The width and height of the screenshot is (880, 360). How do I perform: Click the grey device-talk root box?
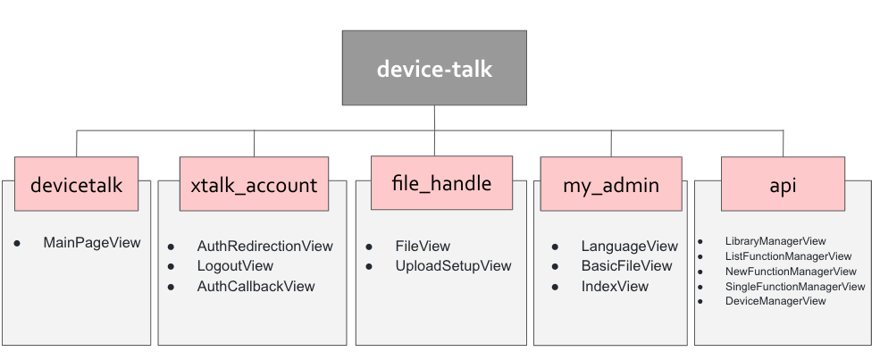coord(434,68)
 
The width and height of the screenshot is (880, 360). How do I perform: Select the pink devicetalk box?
coord(76,185)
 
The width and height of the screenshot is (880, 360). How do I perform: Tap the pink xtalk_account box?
coord(254,185)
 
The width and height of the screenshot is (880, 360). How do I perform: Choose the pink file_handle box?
coord(441,183)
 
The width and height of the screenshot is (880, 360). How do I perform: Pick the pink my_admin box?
coord(611,185)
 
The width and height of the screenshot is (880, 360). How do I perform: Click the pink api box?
coord(783,185)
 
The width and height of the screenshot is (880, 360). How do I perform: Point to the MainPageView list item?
coord(91,242)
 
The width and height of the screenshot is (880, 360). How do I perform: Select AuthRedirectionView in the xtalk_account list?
coord(264,246)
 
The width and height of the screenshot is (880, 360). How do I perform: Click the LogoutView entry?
coord(235,266)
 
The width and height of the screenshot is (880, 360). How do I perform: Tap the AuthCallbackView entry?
coord(256,287)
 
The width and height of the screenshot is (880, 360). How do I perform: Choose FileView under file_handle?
coord(423,246)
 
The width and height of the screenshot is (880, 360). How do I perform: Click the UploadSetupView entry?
coord(453,266)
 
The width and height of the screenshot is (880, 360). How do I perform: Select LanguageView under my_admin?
coord(629,246)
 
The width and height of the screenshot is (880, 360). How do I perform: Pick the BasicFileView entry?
coord(626,266)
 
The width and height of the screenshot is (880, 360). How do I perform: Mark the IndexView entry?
coord(615,287)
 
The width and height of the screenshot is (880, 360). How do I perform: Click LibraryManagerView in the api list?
coord(775,241)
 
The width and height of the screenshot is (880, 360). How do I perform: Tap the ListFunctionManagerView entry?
coord(788,256)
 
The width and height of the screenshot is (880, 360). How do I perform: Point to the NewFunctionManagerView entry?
coord(791,272)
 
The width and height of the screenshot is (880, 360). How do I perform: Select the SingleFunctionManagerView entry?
coord(795,287)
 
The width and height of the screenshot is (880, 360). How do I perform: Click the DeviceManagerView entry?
coord(775,301)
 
